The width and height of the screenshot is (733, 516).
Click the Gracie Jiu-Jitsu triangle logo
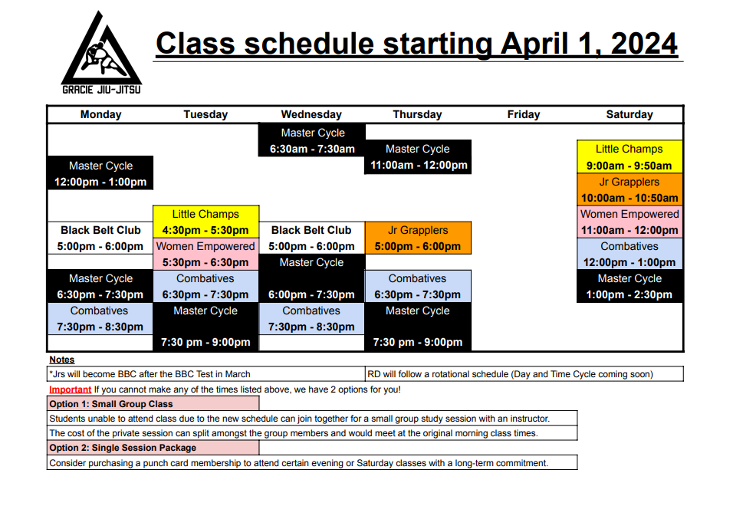[x=101, y=52]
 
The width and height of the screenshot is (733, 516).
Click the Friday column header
[x=524, y=114]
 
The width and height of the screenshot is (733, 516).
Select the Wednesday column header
[x=311, y=114]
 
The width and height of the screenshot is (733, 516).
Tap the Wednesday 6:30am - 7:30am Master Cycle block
[x=312, y=140]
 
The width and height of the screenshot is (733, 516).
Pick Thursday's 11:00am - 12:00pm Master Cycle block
[x=418, y=157]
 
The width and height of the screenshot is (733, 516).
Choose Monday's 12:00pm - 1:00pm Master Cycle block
[x=100, y=173]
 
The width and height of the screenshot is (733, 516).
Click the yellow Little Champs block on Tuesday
[x=205, y=222]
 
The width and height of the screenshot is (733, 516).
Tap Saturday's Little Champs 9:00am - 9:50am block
[x=629, y=157]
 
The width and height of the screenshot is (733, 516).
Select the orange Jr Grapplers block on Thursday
[x=418, y=238]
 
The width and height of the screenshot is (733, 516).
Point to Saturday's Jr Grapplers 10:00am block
[x=629, y=189]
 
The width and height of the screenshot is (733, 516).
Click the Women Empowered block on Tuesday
[x=205, y=254]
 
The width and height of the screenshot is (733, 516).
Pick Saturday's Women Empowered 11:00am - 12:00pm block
[x=629, y=222]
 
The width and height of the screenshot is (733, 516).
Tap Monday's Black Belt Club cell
[x=100, y=238]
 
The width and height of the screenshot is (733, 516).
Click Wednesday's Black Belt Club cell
[x=312, y=238]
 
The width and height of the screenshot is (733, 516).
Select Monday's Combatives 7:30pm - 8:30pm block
[x=100, y=319]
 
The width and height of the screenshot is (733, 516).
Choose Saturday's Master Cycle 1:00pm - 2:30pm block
[x=629, y=287]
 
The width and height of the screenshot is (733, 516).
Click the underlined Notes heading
[x=61, y=360]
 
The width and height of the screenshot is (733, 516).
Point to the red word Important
[x=70, y=389]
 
